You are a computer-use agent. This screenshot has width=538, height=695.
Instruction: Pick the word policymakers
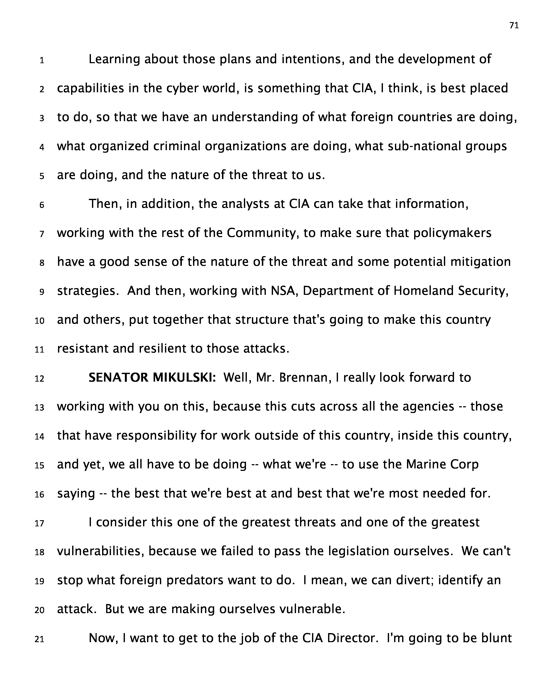pyautogui.click(x=452, y=233)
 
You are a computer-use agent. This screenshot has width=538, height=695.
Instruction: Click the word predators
pyautogui.click(x=195, y=580)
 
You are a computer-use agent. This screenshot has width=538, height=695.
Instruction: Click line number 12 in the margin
pyautogui.click(x=39, y=379)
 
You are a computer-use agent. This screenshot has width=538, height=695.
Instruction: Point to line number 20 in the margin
pyautogui.click(x=39, y=610)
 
